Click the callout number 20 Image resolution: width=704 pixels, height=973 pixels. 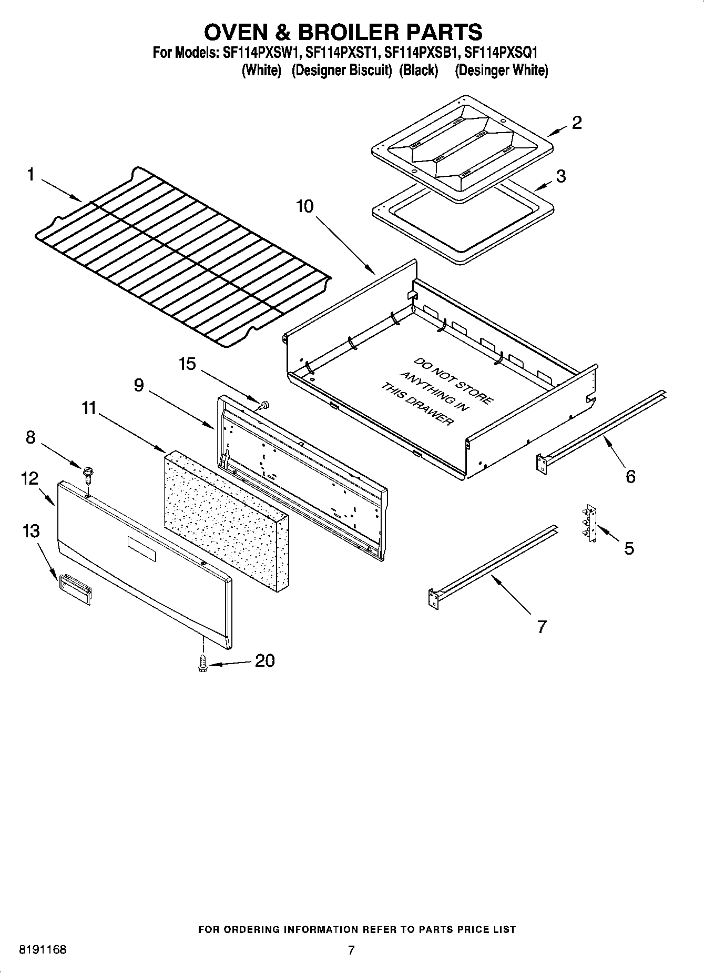tap(264, 660)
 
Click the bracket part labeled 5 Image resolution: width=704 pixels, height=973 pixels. tap(590, 524)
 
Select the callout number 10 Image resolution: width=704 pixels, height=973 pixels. tap(304, 206)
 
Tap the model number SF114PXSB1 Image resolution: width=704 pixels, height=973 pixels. tap(422, 53)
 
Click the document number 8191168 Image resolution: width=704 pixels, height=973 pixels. tap(43, 950)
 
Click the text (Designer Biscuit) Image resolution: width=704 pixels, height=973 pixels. tap(342, 71)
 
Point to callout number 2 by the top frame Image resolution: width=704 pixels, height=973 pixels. tap(576, 123)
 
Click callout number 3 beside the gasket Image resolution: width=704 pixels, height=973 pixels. tap(560, 176)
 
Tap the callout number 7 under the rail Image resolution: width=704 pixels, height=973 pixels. tap(541, 627)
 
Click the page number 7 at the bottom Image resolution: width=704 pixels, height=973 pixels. tap(351, 950)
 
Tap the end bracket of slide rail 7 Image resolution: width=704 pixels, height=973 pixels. tap(434, 599)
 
